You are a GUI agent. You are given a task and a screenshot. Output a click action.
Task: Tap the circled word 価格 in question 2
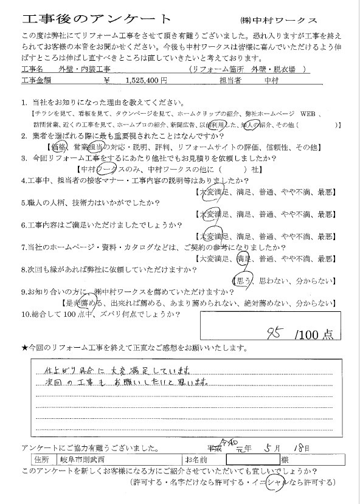(59, 147)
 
